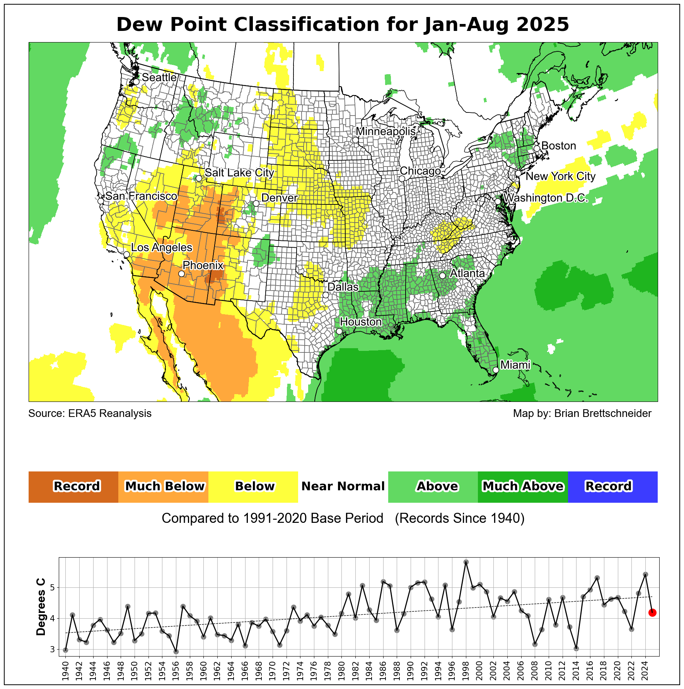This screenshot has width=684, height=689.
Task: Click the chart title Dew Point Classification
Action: point(343,25)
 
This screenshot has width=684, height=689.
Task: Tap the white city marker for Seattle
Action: point(136,82)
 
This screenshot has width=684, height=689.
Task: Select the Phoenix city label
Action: point(203,265)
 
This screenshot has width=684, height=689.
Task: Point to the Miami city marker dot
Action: point(496,370)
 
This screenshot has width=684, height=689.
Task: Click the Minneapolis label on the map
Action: point(385,131)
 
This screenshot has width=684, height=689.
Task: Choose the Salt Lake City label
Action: point(239,173)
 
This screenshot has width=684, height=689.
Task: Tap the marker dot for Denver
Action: point(256,204)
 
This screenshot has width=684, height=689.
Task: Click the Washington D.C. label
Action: point(546,198)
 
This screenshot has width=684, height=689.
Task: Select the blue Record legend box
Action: point(612,487)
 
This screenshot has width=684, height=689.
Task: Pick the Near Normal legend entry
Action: point(343,487)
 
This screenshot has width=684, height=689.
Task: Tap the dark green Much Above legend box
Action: point(523,487)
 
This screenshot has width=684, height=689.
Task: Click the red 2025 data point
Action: point(652,612)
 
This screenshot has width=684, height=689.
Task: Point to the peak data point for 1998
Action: point(466,562)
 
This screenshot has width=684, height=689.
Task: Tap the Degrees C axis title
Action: point(41,607)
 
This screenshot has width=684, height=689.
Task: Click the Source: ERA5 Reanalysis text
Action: point(90,413)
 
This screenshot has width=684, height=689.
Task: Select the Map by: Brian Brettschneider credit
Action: point(582,413)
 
